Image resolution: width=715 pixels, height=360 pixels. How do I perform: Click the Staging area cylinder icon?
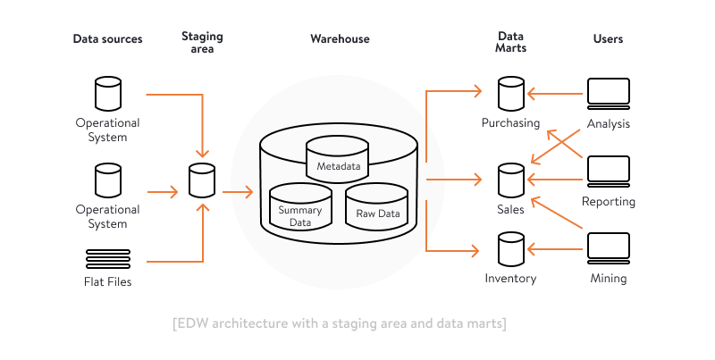click(x=202, y=180)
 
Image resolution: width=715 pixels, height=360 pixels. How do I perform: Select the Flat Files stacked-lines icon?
click(x=108, y=259)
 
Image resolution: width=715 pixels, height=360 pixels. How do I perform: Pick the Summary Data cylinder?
click(x=300, y=207)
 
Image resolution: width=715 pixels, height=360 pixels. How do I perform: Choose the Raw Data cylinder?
click(x=376, y=207)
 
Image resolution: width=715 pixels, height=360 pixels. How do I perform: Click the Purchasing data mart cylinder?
click(x=511, y=94)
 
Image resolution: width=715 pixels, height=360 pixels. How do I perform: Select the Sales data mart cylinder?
click(x=511, y=180)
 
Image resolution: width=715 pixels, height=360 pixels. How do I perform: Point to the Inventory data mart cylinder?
click(x=511, y=249)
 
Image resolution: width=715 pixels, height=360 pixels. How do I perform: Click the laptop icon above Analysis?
click(x=609, y=94)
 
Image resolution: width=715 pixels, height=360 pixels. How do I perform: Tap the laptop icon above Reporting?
click(x=609, y=172)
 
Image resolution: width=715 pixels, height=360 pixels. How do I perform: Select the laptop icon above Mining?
click(x=609, y=249)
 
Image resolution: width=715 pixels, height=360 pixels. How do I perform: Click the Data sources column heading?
click(x=107, y=38)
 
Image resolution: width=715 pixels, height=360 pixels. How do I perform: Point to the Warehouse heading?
click(x=340, y=38)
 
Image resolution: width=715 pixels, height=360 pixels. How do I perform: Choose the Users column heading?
click(x=608, y=38)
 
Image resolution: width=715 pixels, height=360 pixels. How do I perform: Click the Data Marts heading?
click(x=510, y=42)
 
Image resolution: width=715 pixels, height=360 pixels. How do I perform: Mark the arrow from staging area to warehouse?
click(x=238, y=192)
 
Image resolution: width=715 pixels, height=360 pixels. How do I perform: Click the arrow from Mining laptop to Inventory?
click(x=555, y=249)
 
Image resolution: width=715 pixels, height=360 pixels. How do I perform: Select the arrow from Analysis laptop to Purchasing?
click(x=555, y=94)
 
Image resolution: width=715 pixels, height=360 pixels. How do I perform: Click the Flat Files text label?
click(x=107, y=281)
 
